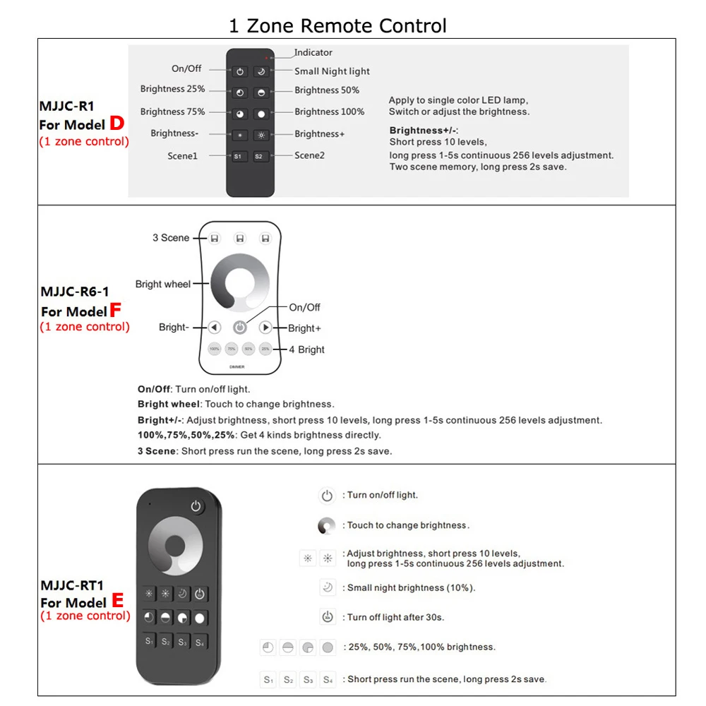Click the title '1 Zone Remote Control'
[x=337, y=26]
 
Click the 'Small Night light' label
[x=332, y=71]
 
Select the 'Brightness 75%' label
[x=172, y=112]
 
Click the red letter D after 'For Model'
[x=116, y=124]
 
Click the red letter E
[x=117, y=601]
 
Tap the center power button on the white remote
[x=240, y=328]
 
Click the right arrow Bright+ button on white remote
[x=265, y=328]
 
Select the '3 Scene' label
[x=171, y=238]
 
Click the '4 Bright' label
[x=306, y=349]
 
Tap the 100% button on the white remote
[x=215, y=349]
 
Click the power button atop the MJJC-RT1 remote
[x=196, y=506]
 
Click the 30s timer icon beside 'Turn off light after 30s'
[x=327, y=616]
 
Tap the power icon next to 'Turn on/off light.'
[x=326, y=496]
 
